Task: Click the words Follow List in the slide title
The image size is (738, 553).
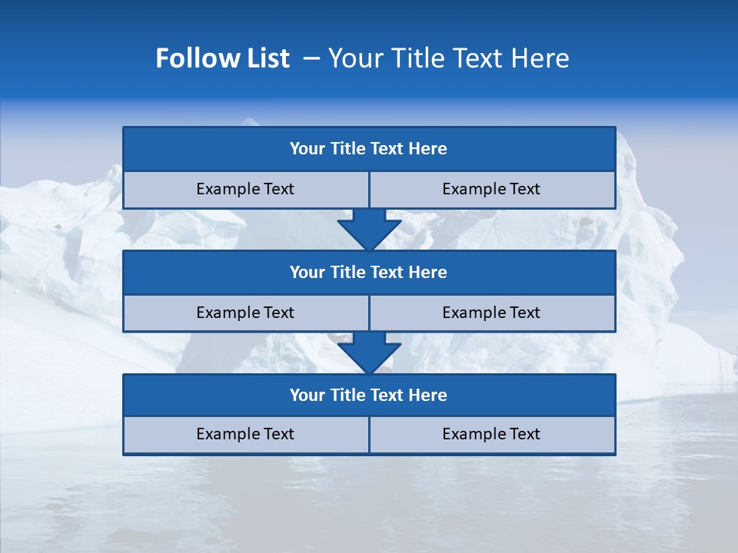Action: [222, 58]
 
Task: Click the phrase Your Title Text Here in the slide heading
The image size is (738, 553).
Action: [448, 58]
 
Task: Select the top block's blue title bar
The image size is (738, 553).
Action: [369, 149]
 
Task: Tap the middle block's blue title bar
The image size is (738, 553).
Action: [369, 272]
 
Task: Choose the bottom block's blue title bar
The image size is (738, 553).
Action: [369, 395]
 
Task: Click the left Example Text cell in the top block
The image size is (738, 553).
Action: [245, 189]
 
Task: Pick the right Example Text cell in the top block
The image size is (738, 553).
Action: [491, 189]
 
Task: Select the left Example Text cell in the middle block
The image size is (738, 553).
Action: [245, 313]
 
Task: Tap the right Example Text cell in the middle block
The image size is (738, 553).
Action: [491, 313]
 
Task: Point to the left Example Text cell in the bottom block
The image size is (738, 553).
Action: [245, 434]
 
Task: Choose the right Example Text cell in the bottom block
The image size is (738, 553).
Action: [491, 434]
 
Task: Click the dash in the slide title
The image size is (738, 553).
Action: [312, 58]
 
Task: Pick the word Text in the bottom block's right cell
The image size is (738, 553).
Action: [524, 434]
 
